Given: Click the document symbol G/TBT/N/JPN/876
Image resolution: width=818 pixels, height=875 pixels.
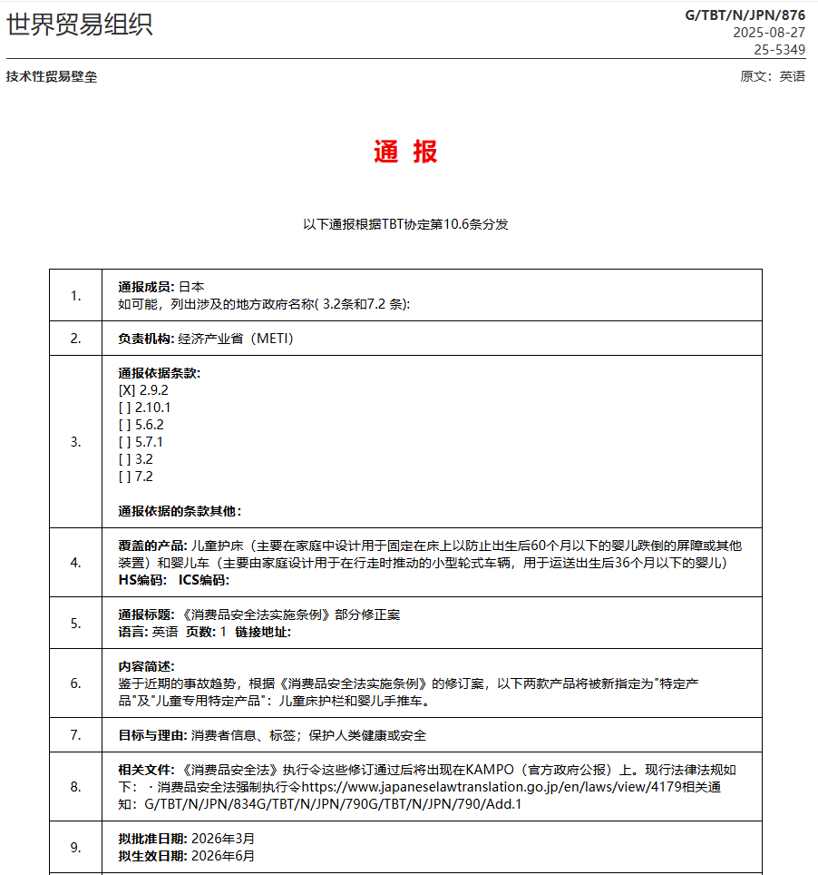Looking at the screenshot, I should coord(745,15).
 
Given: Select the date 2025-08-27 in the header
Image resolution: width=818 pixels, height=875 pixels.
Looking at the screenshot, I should coord(769,32).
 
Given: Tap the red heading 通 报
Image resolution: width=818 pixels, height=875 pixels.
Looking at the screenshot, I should coord(405,152).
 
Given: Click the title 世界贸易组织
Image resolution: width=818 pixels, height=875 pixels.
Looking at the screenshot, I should coord(80,25).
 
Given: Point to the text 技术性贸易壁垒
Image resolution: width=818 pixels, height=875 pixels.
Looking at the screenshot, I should coord(52,76).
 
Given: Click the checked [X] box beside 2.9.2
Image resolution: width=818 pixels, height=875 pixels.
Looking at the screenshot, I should coord(127,390).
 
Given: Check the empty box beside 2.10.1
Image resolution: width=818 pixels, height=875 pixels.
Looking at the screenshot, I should coord(124,408).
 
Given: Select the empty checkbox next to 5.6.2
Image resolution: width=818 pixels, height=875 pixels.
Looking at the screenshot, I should coord(124,425).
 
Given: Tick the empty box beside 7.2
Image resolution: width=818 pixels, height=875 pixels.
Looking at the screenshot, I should coord(124,477).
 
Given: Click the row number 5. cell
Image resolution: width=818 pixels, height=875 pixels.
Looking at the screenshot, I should coord(76,623).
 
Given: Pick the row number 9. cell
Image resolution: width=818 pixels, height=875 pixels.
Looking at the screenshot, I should coord(76,848).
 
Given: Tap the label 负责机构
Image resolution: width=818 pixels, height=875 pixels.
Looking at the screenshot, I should coord(146,339).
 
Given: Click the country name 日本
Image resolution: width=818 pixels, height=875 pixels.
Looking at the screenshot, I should coord(191,287).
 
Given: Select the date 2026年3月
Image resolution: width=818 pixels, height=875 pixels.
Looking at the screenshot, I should coord(217,839).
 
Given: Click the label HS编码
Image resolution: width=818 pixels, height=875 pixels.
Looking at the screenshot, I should coord(142,580).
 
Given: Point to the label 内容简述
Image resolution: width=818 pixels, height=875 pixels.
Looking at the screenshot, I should coord(146,666).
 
